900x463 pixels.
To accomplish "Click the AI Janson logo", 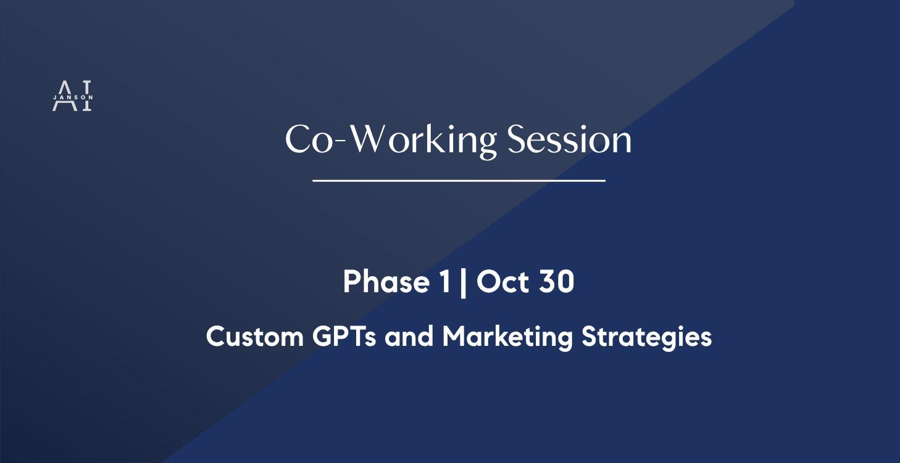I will (x=72, y=96).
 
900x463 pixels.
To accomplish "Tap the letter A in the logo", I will (x=62, y=96).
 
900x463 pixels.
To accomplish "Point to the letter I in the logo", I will (x=86, y=96).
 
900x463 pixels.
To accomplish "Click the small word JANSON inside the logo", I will (x=73, y=97).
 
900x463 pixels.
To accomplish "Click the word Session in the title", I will (x=569, y=140).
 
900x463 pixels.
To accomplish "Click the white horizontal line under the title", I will (x=459, y=181).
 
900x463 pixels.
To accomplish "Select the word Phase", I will (x=386, y=282).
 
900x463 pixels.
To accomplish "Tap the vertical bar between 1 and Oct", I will (x=464, y=283).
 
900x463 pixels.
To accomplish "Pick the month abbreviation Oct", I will (x=503, y=282).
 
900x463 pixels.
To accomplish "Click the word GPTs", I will (x=344, y=337).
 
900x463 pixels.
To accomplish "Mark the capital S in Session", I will (x=517, y=140).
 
